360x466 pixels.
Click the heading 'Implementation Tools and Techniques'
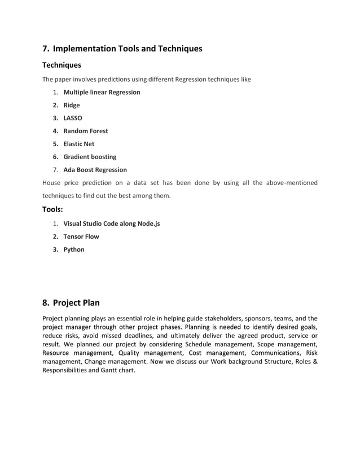click(127, 49)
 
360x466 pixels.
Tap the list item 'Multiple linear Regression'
click(102, 92)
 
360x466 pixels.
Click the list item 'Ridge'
click(72, 105)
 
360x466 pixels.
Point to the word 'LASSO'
click(73, 118)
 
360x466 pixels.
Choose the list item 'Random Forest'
click(86, 131)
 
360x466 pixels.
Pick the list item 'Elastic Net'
click(79, 144)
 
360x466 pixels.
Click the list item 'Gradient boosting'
click(90, 157)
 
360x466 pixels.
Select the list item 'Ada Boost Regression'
click(95, 170)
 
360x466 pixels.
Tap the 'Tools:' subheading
click(52, 210)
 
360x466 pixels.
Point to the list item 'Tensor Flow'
click(81, 236)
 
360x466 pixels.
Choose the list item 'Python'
click(74, 249)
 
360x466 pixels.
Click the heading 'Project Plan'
click(76, 303)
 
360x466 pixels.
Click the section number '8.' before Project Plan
click(46, 303)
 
